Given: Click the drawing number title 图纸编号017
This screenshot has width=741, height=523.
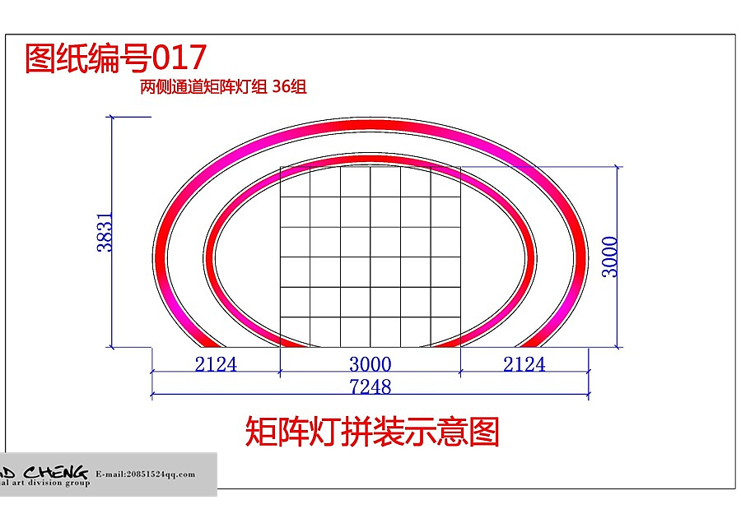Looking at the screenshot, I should click(115, 58).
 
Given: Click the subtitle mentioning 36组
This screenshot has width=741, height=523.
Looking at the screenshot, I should click(223, 87).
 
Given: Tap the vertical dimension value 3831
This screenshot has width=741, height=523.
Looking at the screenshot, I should click(105, 233).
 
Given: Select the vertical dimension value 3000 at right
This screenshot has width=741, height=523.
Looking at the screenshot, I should click(610, 257).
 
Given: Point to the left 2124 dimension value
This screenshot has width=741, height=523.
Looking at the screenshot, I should click(216, 364).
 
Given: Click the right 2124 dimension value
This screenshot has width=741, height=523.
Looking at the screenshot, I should click(524, 364).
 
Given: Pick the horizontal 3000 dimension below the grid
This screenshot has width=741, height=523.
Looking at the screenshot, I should click(370, 364).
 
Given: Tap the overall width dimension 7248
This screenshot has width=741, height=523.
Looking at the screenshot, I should click(370, 386).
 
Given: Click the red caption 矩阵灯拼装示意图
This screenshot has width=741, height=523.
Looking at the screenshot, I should click(372, 432).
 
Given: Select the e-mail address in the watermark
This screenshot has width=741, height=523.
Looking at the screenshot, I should click(146, 474).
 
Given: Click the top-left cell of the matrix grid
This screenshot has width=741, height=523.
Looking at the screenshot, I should click(296, 182).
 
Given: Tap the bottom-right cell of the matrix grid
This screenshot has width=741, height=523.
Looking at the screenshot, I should click(445, 331).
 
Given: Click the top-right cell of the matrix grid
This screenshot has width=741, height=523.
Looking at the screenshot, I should click(445, 182).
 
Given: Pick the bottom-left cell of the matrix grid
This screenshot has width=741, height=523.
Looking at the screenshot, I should click(296, 331).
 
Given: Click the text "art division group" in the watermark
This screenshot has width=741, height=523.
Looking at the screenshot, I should click(49, 484).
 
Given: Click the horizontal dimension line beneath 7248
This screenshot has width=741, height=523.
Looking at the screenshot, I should click(370, 396).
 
